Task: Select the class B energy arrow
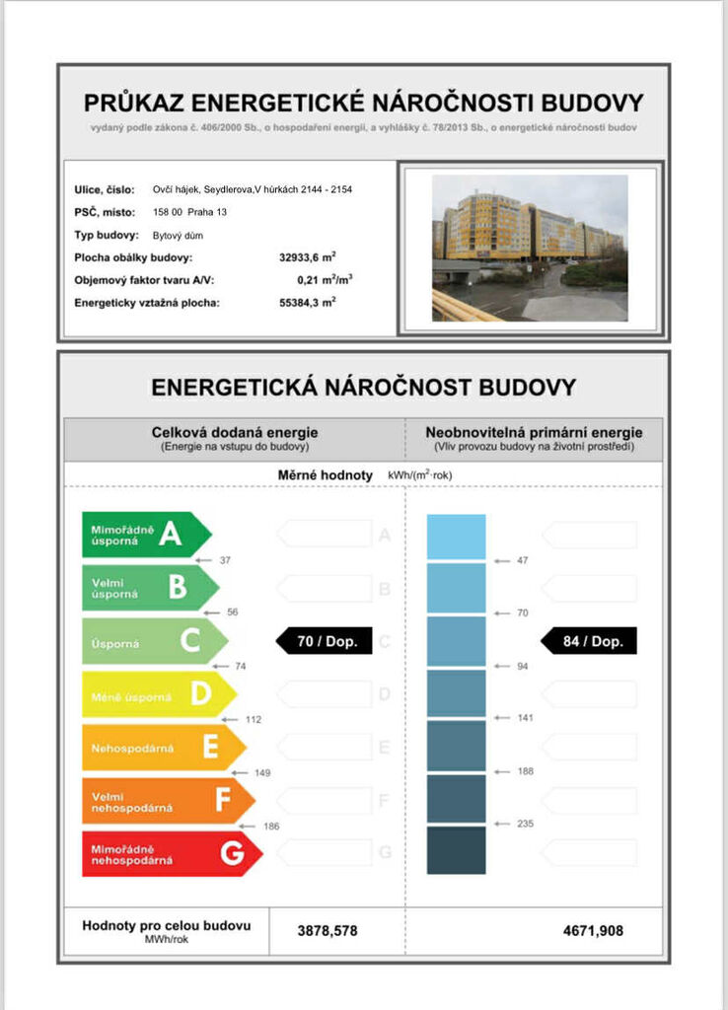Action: (149, 587)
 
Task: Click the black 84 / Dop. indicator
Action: (590, 641)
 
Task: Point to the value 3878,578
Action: (327, 930)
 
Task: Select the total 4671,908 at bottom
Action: (593, 930)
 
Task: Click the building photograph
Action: (530, 248)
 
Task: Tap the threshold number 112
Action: (254, 719)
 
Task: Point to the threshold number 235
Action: (525, 824)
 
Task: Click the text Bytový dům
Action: (178, 235)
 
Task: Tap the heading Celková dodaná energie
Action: (235, 432)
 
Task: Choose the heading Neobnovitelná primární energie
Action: (534, 432)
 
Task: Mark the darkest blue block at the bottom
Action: (456, 850)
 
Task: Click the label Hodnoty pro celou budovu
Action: (166, 926)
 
